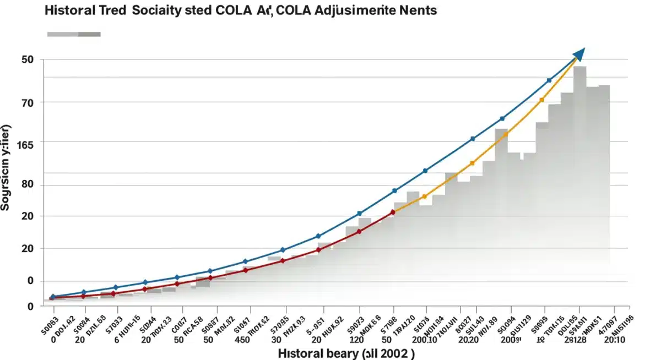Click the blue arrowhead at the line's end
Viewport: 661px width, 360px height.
coord(579,53)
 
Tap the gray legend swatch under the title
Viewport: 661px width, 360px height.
coord(74,34)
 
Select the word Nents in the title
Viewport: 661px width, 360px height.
coord(416,10)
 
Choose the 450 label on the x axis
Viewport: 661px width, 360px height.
coord(242,340)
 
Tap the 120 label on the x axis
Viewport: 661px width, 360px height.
coord(357,340)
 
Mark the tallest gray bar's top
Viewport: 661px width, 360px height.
coord(579,67)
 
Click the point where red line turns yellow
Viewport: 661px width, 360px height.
coord(393,212)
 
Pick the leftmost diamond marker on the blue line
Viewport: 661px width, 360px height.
coord(53,297)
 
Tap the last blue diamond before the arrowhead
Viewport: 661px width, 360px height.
coord(549,80)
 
